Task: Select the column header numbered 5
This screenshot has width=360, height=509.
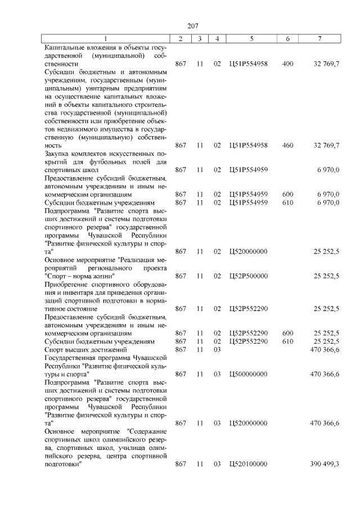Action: click(x=251, y=38)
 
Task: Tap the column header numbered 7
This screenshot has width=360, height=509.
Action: click(x=319, y=38)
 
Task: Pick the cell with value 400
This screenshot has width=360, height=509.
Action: click(x=287, y=64)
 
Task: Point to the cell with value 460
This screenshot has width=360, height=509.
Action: click(x=287, y=146)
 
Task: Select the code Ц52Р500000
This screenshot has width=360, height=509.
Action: click(x=248, y=276)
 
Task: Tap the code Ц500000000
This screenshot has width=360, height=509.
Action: click(x=248, y=374)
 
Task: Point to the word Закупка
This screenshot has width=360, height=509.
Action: click(x=57, y=154)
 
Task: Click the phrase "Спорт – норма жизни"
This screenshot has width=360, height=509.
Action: click(x=79, y=276)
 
